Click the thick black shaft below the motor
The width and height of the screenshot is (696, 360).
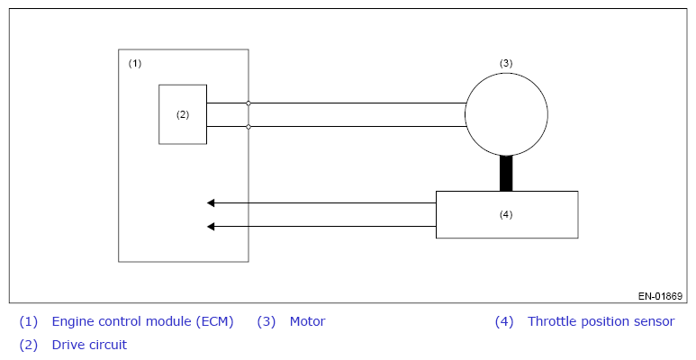click(506, 174)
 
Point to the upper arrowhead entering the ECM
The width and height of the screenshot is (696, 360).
click(211, 202)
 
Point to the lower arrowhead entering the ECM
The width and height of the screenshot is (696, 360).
click(211, 227)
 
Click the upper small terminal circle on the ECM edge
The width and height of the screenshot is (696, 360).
click(249, 103)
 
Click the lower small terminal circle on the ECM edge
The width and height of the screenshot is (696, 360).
click(249, 127)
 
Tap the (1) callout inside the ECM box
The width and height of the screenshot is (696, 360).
click(135, 63)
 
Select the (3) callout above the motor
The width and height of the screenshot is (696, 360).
click(506, 63)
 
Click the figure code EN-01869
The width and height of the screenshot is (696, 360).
click(660, 296)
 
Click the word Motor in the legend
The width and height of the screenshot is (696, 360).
click(308, 321)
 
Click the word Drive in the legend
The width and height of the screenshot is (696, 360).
click(67, 345)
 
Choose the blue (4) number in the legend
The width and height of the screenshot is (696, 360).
click(504, 321)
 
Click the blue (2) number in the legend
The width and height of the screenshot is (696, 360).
click(29, 345)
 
